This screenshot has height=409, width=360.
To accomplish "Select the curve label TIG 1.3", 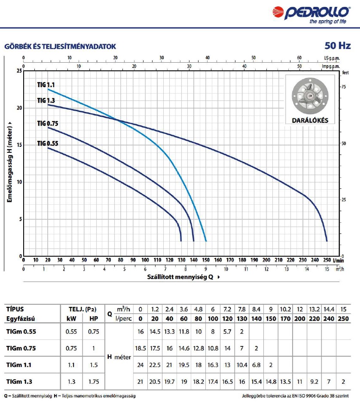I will click(46, 100).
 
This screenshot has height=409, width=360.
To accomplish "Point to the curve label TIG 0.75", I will click(47, 124).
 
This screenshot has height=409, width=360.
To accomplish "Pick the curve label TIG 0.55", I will click(47, 143).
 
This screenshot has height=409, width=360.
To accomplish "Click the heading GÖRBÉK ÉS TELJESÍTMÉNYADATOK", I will click(60, 46).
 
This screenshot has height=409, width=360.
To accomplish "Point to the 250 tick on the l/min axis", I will click(327, 260).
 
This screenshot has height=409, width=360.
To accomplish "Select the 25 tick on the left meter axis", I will click(18, 71).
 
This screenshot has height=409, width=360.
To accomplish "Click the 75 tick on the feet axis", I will click(343, 87).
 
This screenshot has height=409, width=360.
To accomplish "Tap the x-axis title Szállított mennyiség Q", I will click(180, 277).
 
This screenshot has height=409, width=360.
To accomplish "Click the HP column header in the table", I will click(93, 319).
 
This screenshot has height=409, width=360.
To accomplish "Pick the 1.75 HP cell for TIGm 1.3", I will click(93, 381).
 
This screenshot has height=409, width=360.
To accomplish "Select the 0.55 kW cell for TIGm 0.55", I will click(71, 332).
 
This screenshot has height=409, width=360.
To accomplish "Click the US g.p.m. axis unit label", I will click(332, 58).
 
